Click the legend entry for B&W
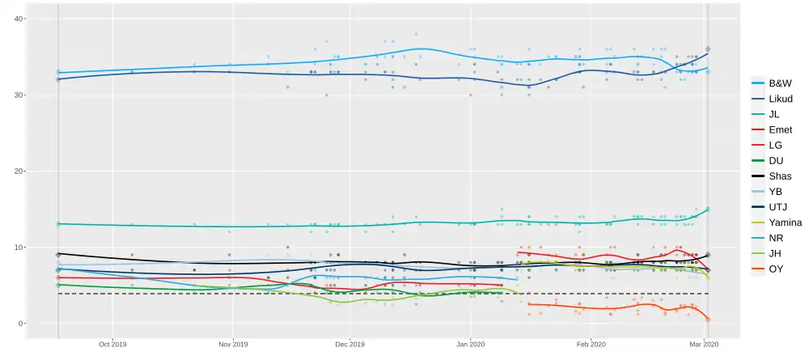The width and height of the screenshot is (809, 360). pos(780,83)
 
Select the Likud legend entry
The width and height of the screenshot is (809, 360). pos(780,99)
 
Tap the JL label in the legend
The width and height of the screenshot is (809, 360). pos(774,114)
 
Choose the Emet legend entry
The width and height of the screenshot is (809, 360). pos(780,129)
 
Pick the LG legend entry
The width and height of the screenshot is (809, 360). pos(775,145)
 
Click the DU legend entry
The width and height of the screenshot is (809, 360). pos(775,160)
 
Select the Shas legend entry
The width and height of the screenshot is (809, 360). pos(780,176)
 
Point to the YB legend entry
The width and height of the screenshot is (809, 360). pos(775,191)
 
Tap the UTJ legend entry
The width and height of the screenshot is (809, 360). pos(777,206)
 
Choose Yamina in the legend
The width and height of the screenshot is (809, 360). pos(784,222)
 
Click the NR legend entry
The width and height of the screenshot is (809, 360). pos(775,237)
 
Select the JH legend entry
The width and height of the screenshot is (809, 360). pos(774,252)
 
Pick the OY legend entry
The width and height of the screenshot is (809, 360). pos(775,268)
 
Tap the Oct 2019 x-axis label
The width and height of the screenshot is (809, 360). pos(112,344)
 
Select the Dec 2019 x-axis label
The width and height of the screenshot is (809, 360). pos(349,344)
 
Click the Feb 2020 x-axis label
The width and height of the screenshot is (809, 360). pos(591,344)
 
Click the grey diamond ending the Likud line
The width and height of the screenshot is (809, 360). pos(708,49)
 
